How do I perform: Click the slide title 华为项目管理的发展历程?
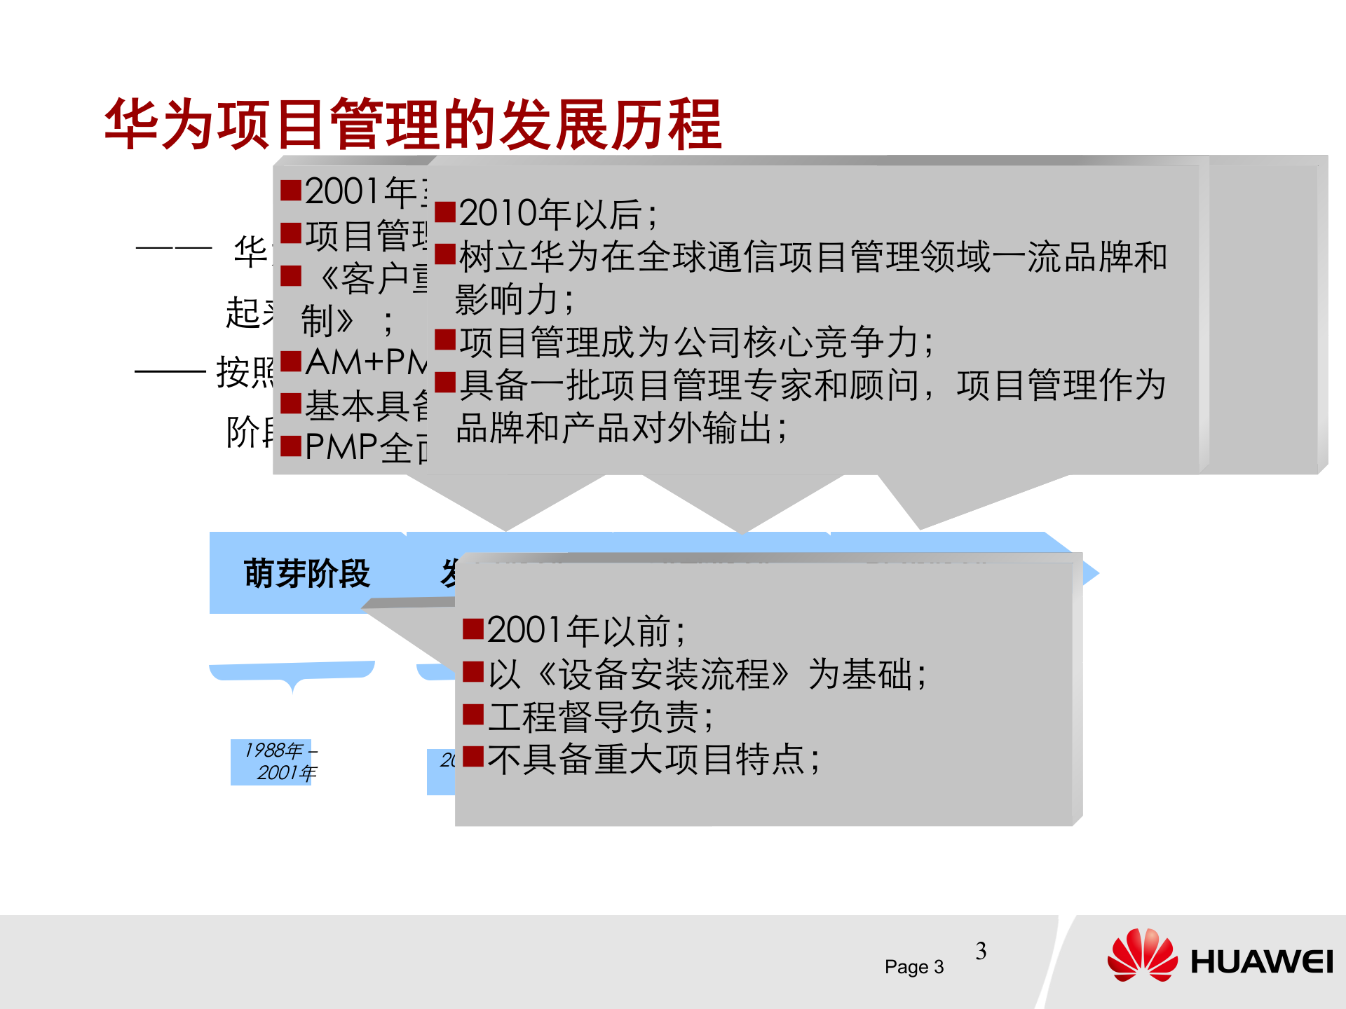point(413,125)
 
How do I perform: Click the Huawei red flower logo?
point(1142,955)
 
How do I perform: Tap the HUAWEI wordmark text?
point(1261,962)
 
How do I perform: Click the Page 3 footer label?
point(913,967)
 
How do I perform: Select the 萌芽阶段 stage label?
point(307,573)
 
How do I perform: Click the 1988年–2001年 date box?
point(279,762)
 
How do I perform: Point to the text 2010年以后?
point(558,214)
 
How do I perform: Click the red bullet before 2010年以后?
point(445,212)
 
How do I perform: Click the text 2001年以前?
point(586,631)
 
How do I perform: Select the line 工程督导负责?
point(600,717)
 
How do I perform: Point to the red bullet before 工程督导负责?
point(473,715)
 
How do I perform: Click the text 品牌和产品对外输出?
point(621,428)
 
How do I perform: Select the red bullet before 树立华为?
point(445,254)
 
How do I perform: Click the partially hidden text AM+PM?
point(365,362)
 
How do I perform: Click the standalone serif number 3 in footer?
point(981,951)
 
